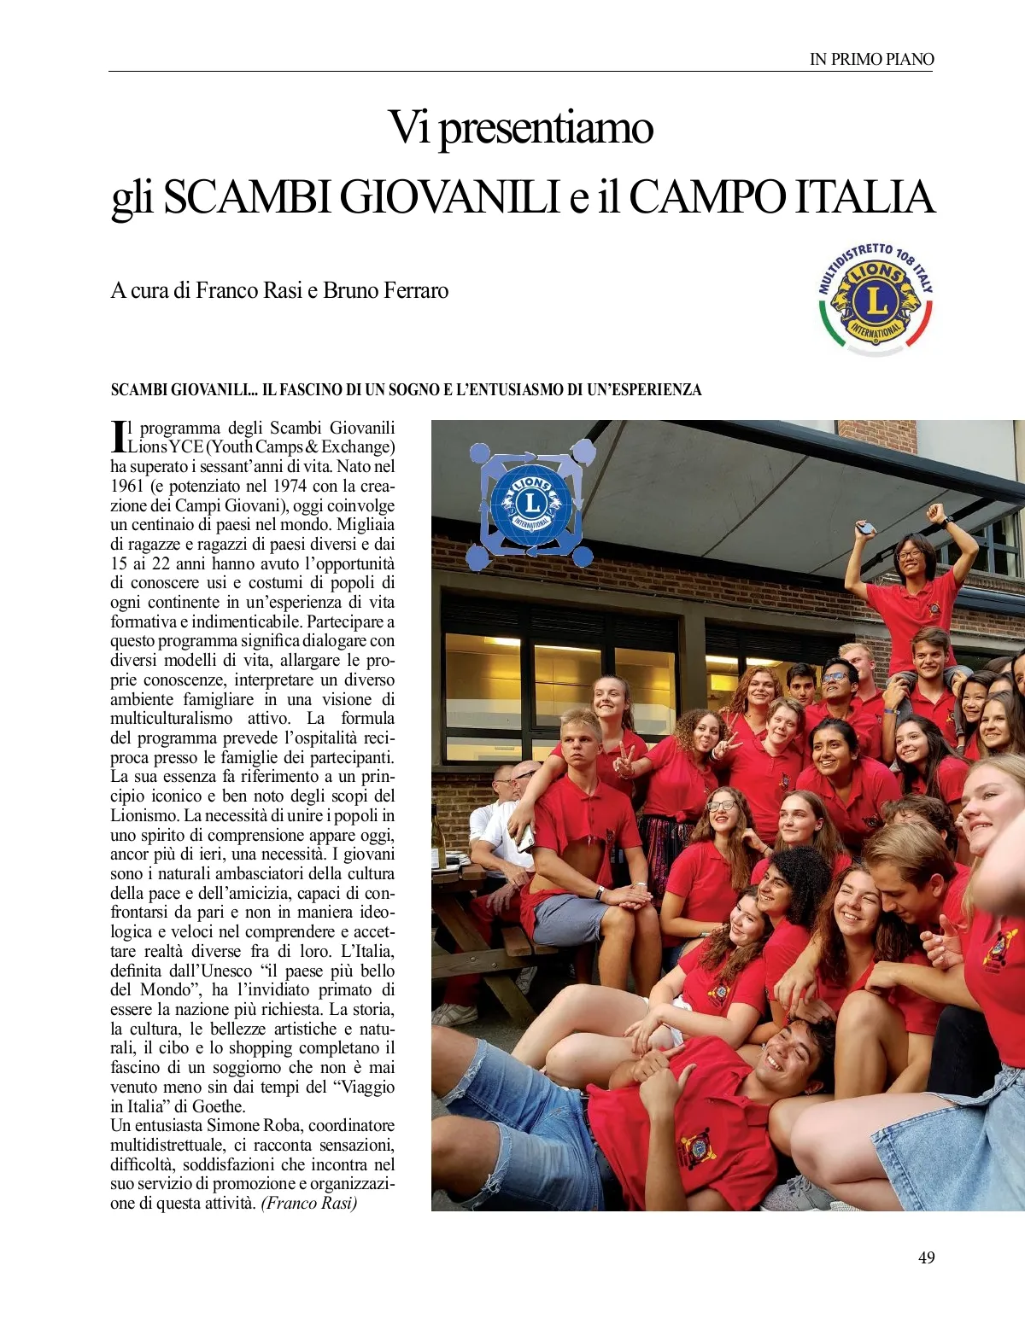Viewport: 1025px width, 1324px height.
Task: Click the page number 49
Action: click(x=926, y=1257)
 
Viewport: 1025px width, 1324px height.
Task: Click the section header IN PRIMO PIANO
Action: click(x=871, y=59)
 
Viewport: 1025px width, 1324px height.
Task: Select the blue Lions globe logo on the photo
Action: click(x=530, y=504)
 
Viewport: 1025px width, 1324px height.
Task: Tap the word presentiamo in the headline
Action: click(x=546, y=128)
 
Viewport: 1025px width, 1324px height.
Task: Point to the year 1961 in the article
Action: click(x=126, y=486)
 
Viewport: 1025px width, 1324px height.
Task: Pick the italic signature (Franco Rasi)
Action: click(x=308, y=1203)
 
